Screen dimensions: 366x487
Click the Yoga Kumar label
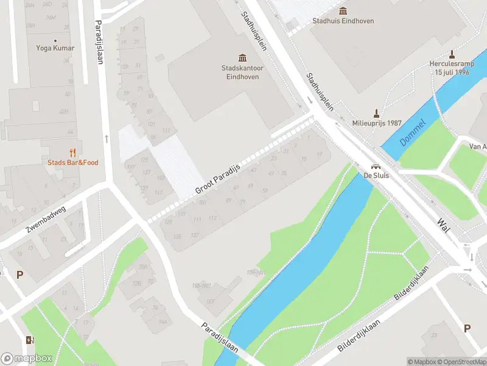[x=55, y=48]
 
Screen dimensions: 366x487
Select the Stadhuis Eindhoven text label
[x=343, y=21]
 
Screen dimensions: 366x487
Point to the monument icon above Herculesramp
[x=452, y=54]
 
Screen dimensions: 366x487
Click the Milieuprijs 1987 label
[x=377, y=123]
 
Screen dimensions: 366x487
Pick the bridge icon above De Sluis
[x=376, y=167]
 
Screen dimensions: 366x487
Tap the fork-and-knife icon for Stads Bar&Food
[x=73, y=152]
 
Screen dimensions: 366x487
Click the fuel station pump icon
[x=30, y=340]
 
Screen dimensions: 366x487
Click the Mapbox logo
[x=26, y=359]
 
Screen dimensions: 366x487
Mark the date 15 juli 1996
[x=452, y=72]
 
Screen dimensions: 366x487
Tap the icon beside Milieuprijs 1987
[x=377, y=112]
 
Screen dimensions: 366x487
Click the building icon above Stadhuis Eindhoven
[x=343, y=10]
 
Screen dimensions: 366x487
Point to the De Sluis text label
[x=376, y=176]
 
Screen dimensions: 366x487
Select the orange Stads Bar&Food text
[x=73, y=162]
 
